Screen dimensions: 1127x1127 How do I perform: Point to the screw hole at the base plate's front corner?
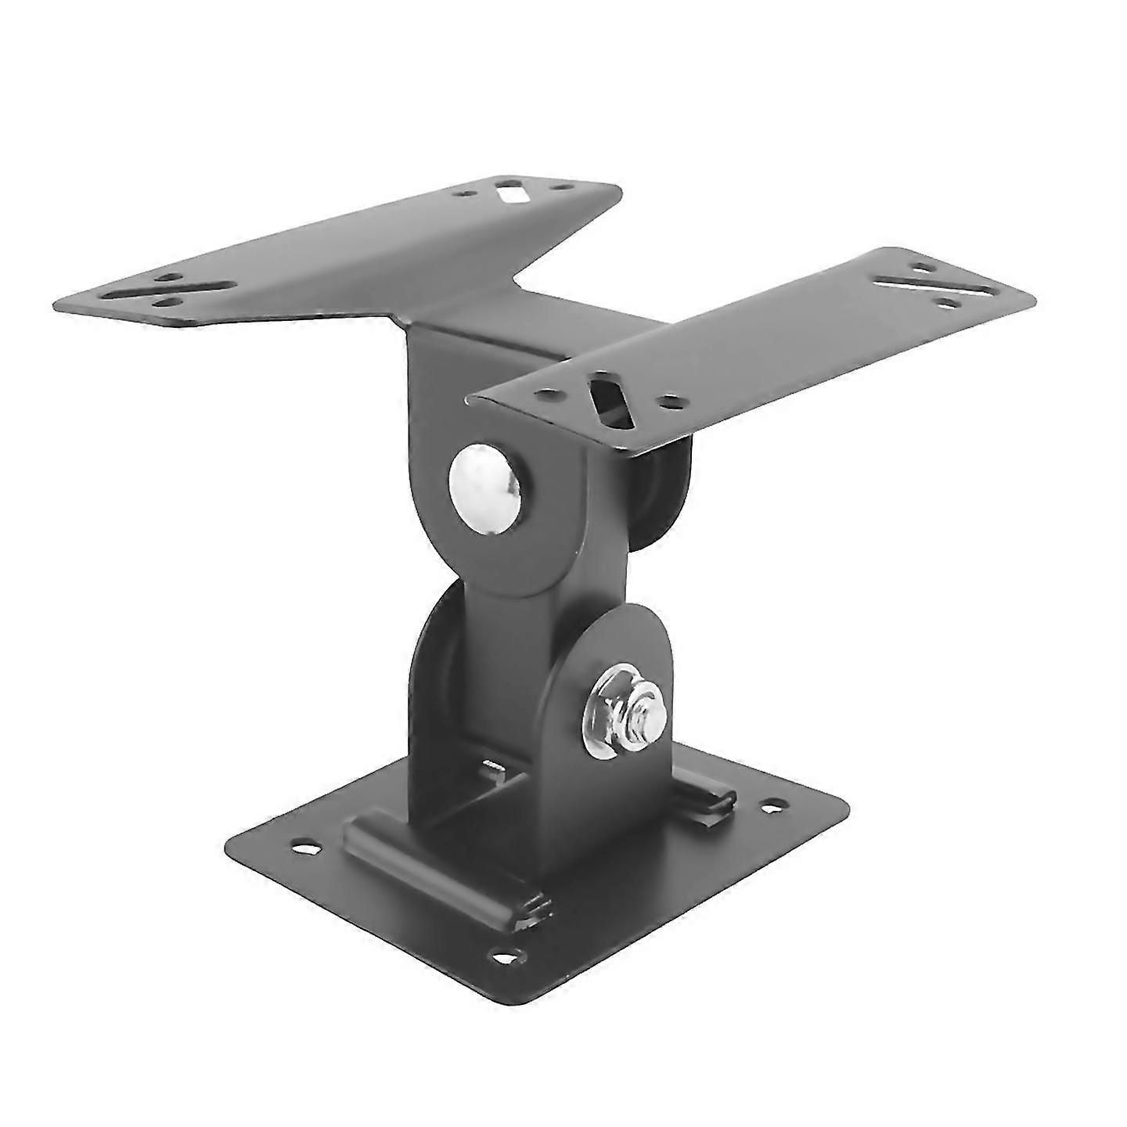(x=506, y=956)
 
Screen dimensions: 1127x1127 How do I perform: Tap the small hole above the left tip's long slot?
(x=166, y=277)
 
